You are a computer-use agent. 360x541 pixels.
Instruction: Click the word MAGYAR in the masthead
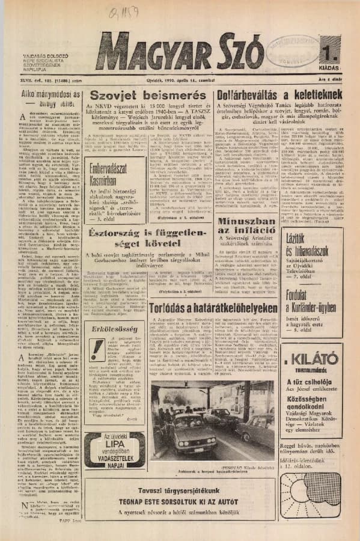[x=147, y=55]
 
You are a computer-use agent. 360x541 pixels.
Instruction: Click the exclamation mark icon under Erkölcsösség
[x=97, y=349]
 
